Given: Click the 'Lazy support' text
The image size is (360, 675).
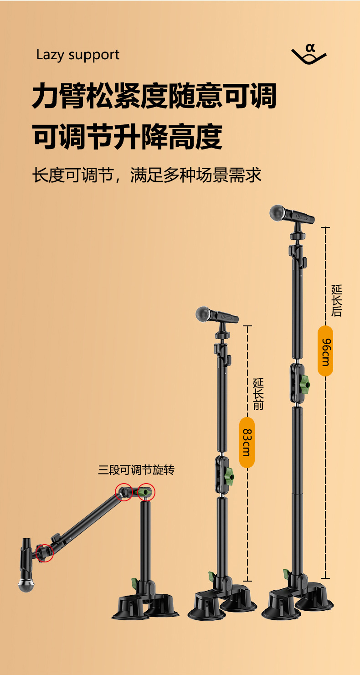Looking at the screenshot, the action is coord(78,55).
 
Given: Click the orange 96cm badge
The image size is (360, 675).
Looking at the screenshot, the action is coord(325,351).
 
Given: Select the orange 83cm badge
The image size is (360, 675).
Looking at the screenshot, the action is coord(247,442).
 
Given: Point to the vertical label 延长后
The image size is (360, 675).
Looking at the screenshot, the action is coord(337,300).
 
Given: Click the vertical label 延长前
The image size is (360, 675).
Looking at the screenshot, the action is coord(258,394).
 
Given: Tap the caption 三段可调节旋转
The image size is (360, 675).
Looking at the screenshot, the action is coord(136,470).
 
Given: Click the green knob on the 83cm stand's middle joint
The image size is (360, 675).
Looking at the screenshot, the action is coord(229,476).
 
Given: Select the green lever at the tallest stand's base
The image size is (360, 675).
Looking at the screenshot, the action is coord(287,573).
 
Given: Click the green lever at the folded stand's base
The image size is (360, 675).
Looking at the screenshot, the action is coord(135,582).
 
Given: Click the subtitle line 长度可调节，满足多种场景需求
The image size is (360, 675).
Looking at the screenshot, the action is coord(147,175).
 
